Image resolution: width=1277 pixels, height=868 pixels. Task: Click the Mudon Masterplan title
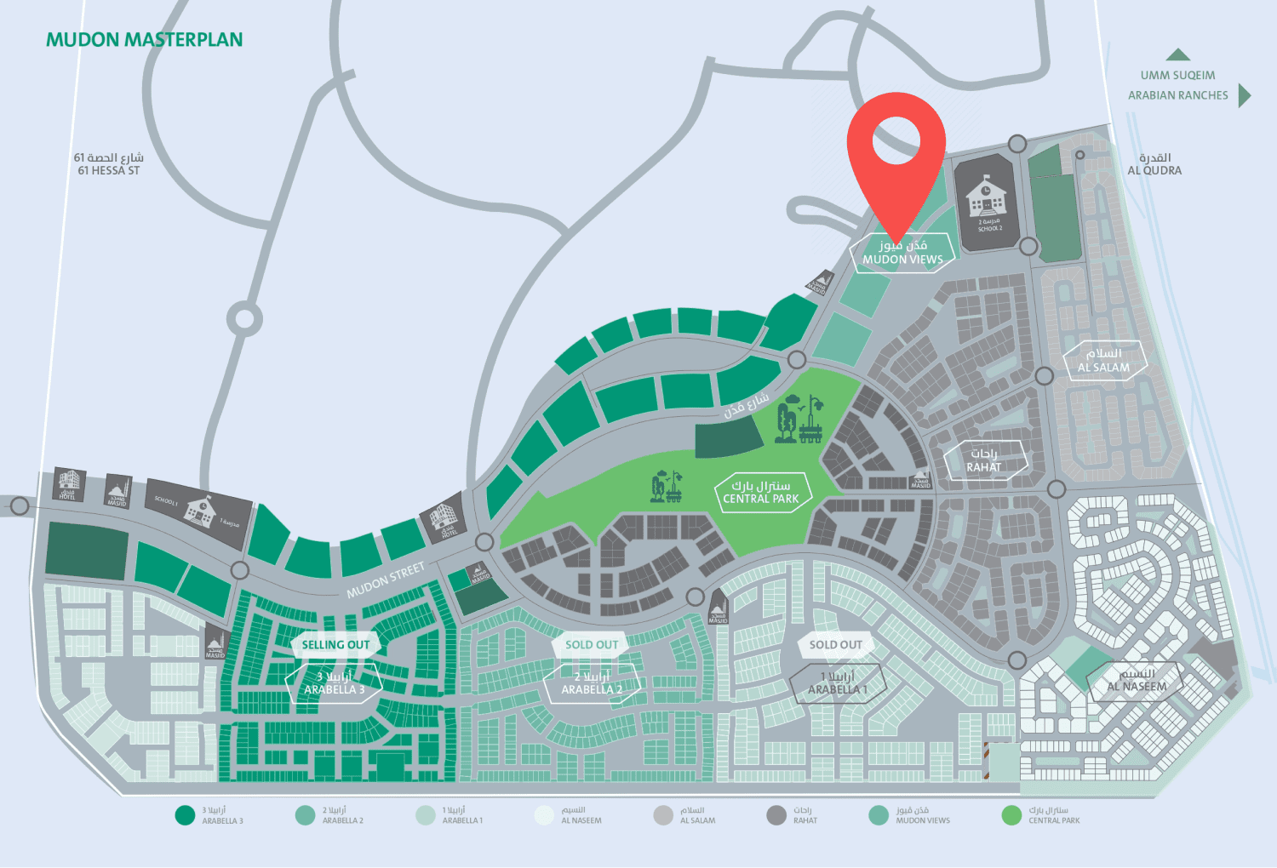(144, 40)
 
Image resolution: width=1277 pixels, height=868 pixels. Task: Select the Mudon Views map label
(902, 253)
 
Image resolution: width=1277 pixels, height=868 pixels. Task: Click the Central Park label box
(761, 493)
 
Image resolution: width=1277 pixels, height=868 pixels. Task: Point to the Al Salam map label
(1104, 361)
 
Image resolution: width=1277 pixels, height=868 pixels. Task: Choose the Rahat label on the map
(984, 460)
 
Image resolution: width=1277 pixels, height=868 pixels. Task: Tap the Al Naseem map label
(1137, 681)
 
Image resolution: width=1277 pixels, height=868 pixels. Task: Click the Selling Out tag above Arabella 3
(335, 645)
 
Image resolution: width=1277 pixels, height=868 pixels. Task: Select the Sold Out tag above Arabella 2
(592, 645)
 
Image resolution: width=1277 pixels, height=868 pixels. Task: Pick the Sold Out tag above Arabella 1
(835, 645)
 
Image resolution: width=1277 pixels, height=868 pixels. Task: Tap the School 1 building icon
(200, 511)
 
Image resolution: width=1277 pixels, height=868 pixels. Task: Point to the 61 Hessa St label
(109, 164)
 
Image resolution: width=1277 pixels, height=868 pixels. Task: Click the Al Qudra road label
(1154, 164)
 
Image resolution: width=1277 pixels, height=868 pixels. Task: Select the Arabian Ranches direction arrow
(1244, 95)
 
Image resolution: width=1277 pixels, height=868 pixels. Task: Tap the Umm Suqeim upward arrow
(1178, 54)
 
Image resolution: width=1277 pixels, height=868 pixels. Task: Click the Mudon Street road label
(386, 580)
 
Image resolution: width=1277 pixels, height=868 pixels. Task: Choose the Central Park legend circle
(1011, 815)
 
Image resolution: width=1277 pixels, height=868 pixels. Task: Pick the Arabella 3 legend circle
(185, 815)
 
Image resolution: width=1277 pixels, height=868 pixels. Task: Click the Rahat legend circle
(776, 815)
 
